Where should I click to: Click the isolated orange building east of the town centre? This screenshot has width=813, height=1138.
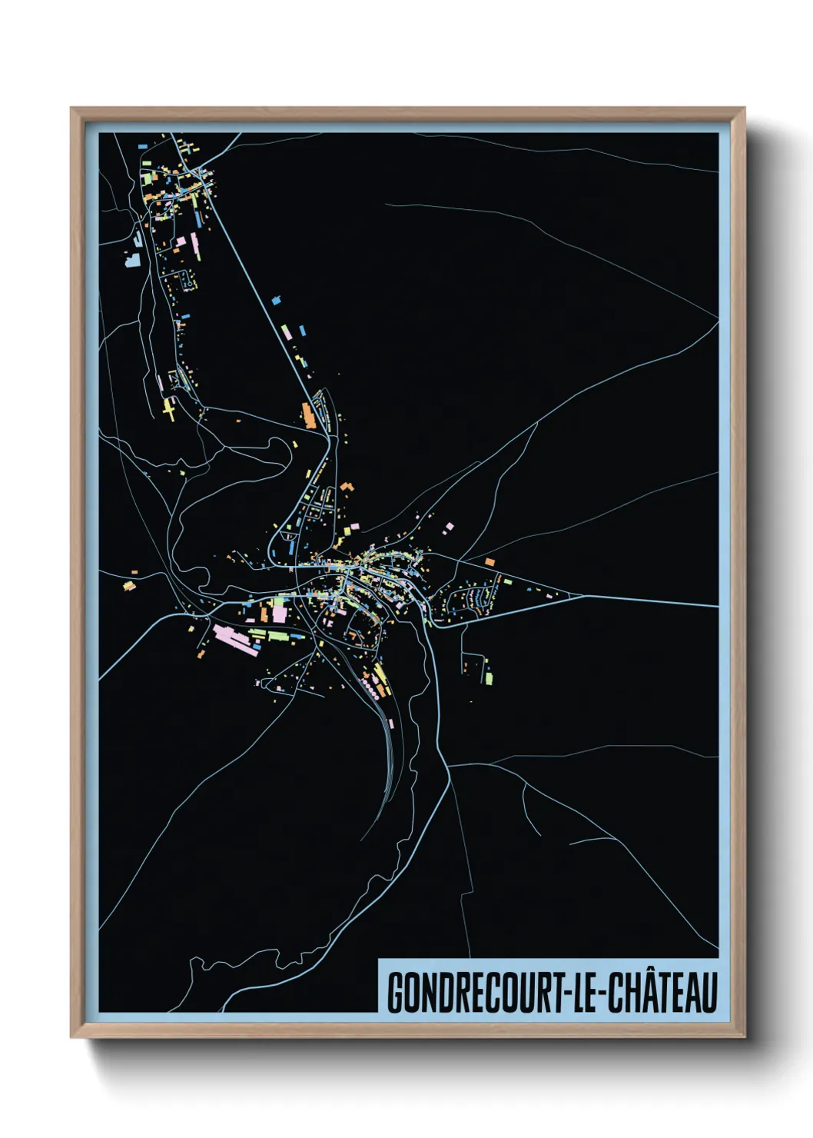489,562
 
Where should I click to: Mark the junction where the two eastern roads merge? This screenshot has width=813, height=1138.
584,596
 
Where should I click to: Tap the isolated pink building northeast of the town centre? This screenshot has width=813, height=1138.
449,527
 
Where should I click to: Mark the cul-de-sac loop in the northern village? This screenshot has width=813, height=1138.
187,281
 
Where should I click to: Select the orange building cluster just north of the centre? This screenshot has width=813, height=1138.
347,487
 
